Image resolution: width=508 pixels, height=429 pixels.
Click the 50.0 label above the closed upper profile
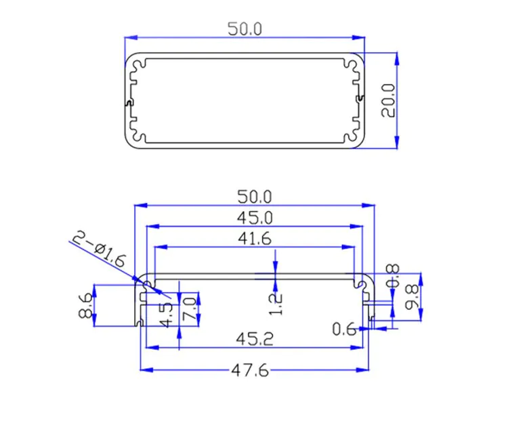point(245,29)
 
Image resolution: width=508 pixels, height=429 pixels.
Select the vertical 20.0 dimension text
point(388,100)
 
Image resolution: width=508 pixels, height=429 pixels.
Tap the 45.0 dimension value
point(255,218)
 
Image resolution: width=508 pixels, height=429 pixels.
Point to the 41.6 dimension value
point(255,239)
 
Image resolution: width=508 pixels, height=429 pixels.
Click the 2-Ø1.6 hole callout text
point(98,248)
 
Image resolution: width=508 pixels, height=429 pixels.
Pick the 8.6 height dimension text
point(86,305)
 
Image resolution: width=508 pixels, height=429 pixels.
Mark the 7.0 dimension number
point(190,309)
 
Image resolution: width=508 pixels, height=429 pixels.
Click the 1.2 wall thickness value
point(276,304)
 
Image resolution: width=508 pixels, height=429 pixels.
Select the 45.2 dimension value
point(255,339)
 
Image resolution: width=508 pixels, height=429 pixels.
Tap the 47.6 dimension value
point(250,370)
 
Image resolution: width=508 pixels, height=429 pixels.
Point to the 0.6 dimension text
point(344,330)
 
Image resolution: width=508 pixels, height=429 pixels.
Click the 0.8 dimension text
point(393,276)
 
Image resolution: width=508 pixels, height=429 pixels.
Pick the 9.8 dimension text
point(412,297)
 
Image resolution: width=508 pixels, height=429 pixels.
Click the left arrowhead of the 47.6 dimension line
point(146,369)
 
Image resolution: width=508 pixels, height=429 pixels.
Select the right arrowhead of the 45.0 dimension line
point(356,226)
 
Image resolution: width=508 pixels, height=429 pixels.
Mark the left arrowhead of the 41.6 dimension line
point(161,247)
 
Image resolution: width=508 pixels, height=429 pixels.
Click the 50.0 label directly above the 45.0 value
point(255,197)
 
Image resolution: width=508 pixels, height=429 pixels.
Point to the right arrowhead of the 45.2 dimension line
point(357,347)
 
